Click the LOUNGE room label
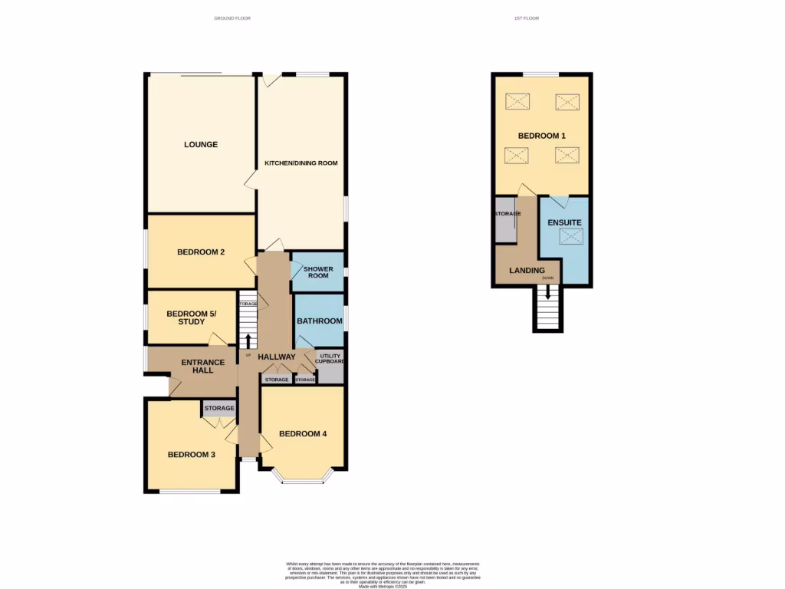click(x=201, y=144)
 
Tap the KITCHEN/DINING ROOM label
click(x=301, y=163)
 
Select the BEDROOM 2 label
click(x=201, y=252)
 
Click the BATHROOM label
click(x=320, y=321)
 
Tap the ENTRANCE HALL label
click(x=202, y=367)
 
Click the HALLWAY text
click(x=277, y=357)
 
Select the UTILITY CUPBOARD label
click(x=330, y=359)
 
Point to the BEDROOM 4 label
click(x=303, y=434)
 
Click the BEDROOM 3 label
click(x=192, y=455)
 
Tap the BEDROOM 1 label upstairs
click(x=542, y=136)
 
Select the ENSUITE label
click(x=564, y=222)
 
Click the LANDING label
click(x=527, y=271)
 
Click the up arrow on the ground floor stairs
click(x=248, y=341)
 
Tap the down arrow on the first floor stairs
click(x=547, y=293)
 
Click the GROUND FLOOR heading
click(x=232, y=18)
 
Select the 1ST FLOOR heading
click(x=527, y=18)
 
